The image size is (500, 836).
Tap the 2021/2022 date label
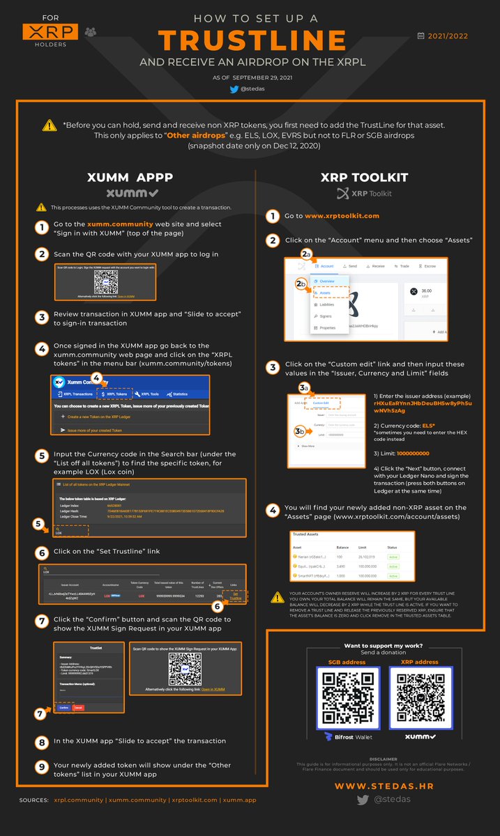tap(447, 36)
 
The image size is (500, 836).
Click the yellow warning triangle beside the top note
tap(50, 125)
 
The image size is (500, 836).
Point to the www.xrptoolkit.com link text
tap(342, 216)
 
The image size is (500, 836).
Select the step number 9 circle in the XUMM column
tap(42, 766)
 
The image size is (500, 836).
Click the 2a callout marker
tap(307, 256)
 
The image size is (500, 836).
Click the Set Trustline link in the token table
tap(235, 596)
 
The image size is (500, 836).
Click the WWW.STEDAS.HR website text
tap(391, 787)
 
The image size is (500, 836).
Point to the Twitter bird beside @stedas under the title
tap(234, 89)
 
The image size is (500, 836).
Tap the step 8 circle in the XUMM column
tap(42, 741)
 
